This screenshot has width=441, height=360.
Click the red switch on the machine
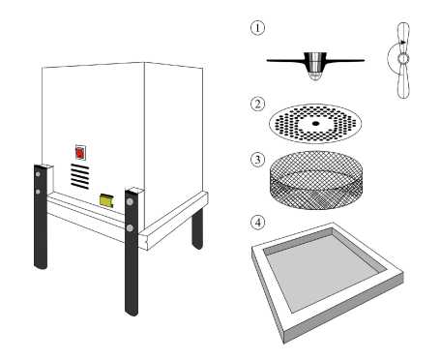point(80,153)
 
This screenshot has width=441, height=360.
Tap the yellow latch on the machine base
point(107,201)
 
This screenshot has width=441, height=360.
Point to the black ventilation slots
point(80,176)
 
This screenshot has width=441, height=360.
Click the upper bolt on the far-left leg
point(38,174)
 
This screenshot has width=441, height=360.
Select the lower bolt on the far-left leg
point(38,192)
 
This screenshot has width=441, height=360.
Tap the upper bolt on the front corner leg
point(130,202)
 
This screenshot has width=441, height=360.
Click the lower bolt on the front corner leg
point(130,228)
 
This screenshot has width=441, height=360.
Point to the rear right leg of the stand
point(197,228)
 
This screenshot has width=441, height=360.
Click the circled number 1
point(257,28)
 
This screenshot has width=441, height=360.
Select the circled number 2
point(257,104)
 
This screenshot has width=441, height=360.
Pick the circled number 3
point(257,160)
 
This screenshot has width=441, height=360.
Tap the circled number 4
point(257,223)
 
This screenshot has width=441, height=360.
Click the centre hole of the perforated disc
point(315,123)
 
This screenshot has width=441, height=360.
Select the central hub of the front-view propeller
point(403,59)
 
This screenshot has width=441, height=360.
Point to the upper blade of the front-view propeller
point(403,39)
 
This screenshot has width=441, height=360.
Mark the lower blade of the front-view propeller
point(403,80)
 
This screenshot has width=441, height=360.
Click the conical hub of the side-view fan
point(315,66)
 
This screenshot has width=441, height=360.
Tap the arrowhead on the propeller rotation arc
point(403,42)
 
